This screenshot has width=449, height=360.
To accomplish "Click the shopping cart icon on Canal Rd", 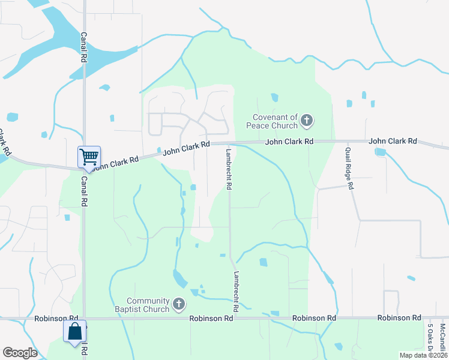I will point(89,157).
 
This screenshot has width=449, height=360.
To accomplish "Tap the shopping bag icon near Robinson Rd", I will point(75,332).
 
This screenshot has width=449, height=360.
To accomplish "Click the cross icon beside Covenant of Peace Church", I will point(306,121).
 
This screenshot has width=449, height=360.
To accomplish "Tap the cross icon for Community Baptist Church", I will point(178,305).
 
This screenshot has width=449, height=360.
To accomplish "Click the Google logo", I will point(20,353).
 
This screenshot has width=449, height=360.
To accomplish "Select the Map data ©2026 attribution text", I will point(423,355).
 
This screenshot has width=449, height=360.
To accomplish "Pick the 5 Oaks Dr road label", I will point(430,337).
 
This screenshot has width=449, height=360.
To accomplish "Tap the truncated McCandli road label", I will point(442,337).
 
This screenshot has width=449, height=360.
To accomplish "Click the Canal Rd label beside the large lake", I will point(84,48).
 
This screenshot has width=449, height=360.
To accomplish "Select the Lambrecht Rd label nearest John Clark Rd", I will point(229,169).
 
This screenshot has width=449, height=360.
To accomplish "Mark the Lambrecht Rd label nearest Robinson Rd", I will point(237,291).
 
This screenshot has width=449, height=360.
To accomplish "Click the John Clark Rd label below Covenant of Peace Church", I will point(290,142).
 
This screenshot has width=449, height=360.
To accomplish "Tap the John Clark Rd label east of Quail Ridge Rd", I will point(393,141).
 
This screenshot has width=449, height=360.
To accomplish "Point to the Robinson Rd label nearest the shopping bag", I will point(56,318).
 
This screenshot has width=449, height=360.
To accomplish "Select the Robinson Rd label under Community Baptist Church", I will point(211,318).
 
